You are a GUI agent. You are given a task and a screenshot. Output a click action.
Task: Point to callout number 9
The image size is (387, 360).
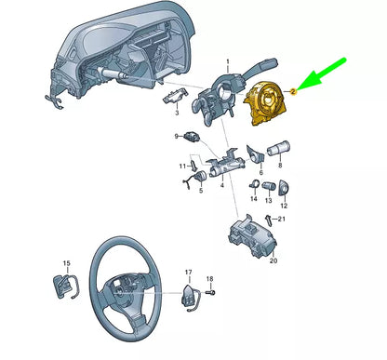coord(177,137)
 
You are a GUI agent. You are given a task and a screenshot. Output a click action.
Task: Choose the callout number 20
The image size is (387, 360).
coord(274,262)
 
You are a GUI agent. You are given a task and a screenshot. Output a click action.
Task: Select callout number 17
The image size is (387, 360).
coord(189,273)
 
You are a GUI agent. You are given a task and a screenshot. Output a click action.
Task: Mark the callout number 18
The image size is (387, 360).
coord(208,278)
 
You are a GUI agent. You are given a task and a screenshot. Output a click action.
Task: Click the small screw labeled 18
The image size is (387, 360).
coord(208,292)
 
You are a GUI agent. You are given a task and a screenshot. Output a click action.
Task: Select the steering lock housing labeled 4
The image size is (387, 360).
coord(222,167)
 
